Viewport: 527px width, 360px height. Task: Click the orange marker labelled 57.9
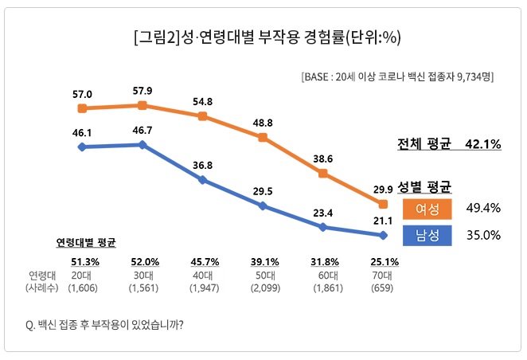142,105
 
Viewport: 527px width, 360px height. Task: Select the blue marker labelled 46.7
142,145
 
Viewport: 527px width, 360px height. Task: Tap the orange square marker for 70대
384,205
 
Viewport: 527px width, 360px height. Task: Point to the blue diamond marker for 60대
323,227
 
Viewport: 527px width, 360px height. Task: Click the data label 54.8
202,101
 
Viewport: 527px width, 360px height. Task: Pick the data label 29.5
263,191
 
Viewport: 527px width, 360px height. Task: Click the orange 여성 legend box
427,208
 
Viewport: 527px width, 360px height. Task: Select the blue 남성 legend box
427,235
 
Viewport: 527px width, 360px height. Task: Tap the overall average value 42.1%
483,144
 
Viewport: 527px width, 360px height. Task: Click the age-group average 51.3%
83,261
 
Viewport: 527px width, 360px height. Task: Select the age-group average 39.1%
263,261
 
